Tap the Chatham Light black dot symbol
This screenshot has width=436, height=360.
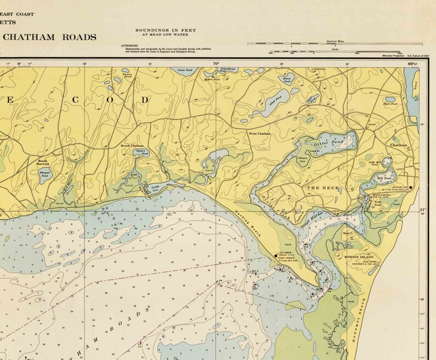pos(411,188)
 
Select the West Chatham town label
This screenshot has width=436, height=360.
pos(260,133)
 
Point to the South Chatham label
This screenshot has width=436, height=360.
pos(132,145)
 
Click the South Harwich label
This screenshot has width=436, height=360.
pos(43,162)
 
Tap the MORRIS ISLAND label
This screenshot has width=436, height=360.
pos(359,257)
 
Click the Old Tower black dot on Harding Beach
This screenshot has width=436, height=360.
pos(276,255)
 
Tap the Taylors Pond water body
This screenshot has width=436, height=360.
pos(142,154)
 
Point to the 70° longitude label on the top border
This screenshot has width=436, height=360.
pos(216,64)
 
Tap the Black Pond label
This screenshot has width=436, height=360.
pos(389,104)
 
